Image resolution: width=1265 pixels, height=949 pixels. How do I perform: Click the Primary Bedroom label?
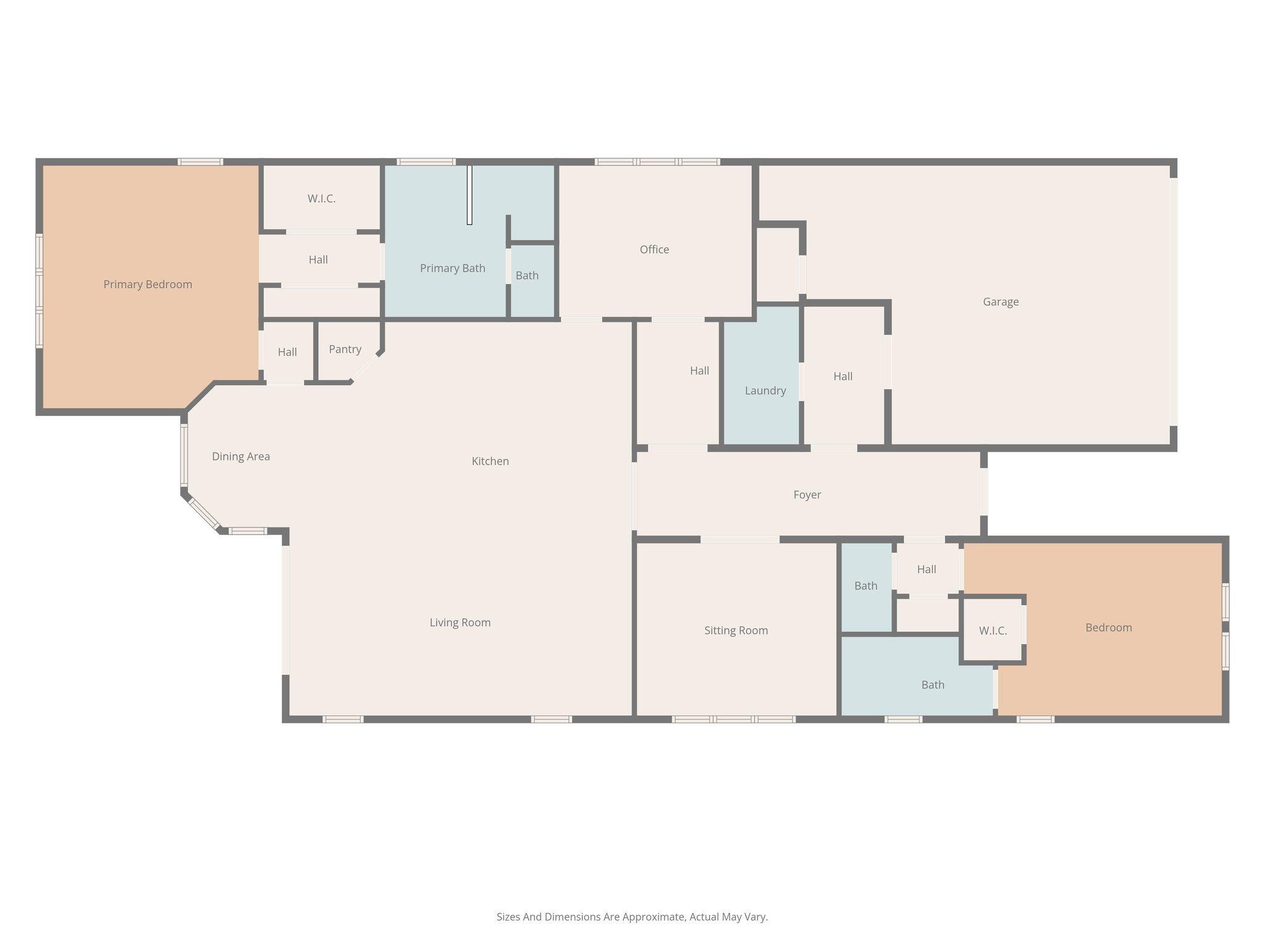[x=148, y=284]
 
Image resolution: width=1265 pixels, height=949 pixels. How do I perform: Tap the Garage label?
[x=1001, y=302]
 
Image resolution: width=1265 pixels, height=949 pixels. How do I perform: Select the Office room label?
[x=654, y=249]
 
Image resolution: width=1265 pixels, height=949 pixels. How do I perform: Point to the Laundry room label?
[x=765, y=390]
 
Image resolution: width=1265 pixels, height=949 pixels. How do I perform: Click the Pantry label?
[x=345, y=349]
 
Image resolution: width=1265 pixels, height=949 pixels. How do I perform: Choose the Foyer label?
[x=807, y=494]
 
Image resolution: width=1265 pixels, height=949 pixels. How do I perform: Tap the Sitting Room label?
[x=736, y=630]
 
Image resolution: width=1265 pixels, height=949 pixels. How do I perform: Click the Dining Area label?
[x=240, y=456]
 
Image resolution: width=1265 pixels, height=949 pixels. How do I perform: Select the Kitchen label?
[x=490, y=461]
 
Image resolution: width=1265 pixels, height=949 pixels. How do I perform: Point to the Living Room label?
[x=460, y=622]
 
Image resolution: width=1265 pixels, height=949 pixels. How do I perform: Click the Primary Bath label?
[x=452, y=268]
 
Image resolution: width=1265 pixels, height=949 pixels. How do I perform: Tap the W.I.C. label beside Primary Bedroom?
[x=321, y=198]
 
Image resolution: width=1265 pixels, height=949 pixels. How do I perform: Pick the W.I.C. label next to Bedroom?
[x=993, y=631]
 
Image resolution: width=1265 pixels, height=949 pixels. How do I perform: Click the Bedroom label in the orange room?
[x=1108, y=627]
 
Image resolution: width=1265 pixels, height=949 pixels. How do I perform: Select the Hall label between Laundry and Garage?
[x=843, y=376]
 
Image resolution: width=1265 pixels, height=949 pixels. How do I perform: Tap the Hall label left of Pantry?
[x=287, y=352]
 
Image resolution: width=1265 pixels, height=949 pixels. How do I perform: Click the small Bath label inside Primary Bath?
[x=527, y=276]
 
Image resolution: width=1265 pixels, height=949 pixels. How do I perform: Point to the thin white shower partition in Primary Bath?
[x=469, y=195]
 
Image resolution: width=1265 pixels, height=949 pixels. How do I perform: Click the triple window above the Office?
[x=657, y=162]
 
